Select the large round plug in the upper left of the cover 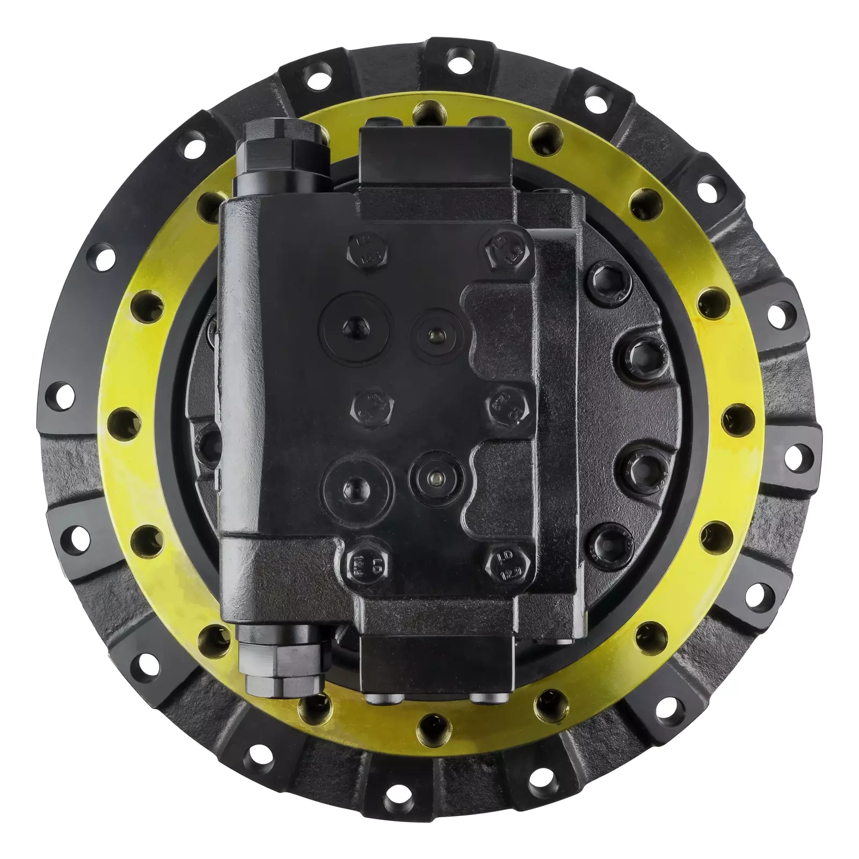(356, 323)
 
